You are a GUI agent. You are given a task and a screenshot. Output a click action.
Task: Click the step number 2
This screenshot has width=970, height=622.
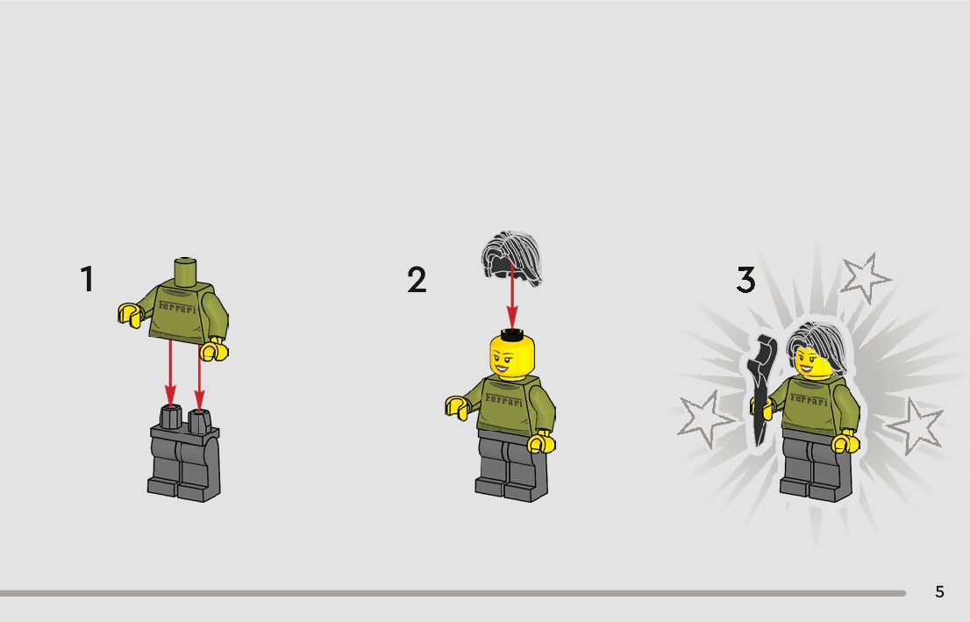click(417, 280)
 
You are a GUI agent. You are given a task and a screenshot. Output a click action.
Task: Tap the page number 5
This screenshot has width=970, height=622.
click(939, 592)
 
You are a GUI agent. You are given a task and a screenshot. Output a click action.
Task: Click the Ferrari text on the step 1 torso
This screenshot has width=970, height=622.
click(177, 307)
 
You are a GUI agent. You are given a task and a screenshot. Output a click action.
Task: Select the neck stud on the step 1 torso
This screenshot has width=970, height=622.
click(186, 270)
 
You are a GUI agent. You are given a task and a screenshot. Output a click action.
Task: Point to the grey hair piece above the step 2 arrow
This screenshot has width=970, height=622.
click(511, 258)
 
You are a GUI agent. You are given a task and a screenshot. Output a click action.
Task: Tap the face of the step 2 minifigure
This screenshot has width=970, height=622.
click(511, 360)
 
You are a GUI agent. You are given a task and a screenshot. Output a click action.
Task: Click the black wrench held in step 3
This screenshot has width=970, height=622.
click(762, 390)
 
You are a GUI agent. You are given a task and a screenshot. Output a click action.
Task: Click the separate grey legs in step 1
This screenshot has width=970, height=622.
click(183, 453)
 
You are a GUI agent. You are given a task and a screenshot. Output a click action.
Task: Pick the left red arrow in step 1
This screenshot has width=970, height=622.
click(170, 374)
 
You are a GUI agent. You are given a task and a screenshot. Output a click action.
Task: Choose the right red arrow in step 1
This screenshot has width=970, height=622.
click(198, 378)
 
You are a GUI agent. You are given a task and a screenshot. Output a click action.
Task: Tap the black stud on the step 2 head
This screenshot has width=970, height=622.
click(511, 335)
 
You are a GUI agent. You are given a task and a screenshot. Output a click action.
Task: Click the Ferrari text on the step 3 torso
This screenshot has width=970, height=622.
click(809, 400)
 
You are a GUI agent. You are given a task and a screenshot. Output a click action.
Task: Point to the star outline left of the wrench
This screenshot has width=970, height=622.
click(706, 418)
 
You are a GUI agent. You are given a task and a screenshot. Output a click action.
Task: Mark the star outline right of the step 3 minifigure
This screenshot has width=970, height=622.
click(915, 426)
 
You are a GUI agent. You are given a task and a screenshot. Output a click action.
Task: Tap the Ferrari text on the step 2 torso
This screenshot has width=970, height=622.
click(503, 400)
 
